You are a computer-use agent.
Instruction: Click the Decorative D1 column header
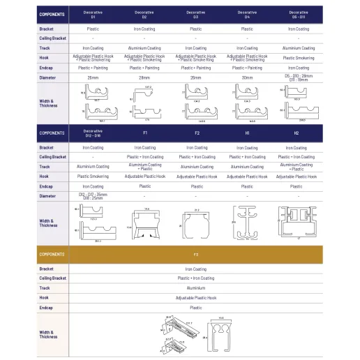coord(93,13)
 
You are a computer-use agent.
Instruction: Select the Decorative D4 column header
coord(246,13)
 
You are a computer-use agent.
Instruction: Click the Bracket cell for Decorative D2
coord(144,29)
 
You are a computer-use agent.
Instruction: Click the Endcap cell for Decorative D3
coord(195,68)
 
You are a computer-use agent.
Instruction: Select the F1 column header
coord(144,133)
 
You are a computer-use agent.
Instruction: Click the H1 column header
coord(246,133)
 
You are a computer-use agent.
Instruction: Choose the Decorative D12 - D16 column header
coord(93,133)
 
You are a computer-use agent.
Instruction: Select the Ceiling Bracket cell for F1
coord(144,157)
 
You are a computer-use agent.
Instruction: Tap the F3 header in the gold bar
coord(196,255)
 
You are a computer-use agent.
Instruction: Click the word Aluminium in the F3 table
coord(196,287)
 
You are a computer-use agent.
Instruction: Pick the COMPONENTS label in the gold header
coord(52,255)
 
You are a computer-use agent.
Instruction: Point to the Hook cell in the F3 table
coord(196,297)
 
